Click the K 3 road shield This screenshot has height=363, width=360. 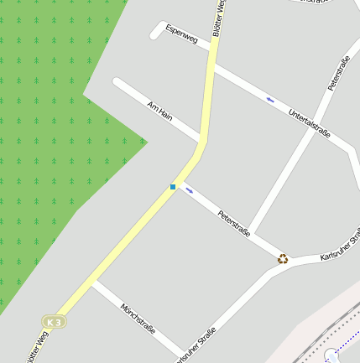pos(55,322)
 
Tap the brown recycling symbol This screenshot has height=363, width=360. pos(284,259)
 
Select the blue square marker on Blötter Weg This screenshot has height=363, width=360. pos(173,186)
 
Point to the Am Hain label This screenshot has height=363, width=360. pos(159,111)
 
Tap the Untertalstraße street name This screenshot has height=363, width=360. pos(309,124)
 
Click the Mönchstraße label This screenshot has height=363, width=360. pos(138,318)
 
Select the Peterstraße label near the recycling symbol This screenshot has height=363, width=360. pos(234,225)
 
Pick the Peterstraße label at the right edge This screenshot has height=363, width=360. pos(339,73)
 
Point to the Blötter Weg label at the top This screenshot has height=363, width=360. pos(220,17)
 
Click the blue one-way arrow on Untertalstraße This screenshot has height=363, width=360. pos(270,100)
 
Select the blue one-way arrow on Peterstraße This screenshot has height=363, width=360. pos(190,189)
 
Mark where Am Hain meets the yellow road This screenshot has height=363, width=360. pos(201,138)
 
